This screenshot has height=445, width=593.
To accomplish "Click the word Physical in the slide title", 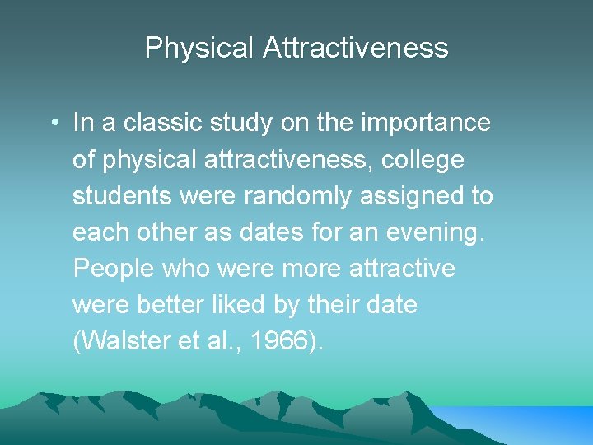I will coord(200,48).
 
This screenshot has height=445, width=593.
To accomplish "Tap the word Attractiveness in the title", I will coord(356,48).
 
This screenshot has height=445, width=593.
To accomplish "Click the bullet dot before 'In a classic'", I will coord(52,124).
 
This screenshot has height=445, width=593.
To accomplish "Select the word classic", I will coord(156,124).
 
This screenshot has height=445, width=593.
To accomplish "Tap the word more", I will coord(311,269).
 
